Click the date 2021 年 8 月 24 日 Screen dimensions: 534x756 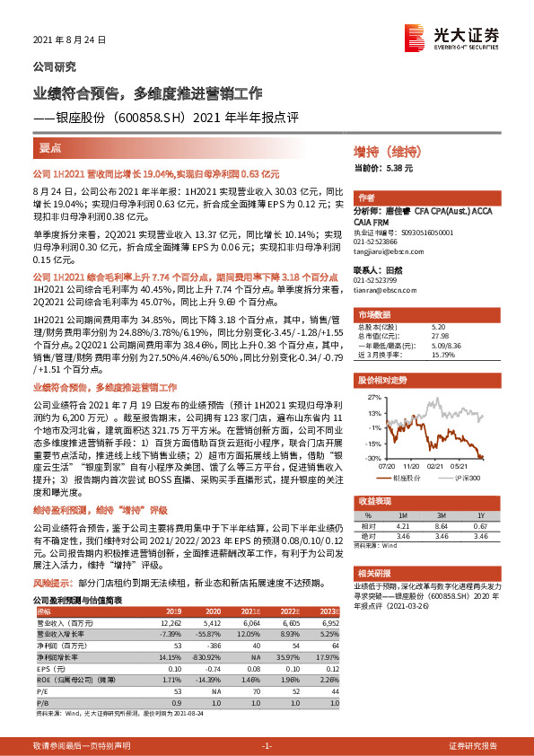(69, 40)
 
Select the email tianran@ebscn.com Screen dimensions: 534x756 (386, 290)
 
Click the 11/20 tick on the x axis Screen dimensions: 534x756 (412, 465)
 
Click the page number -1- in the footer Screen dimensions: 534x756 (266, 745)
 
